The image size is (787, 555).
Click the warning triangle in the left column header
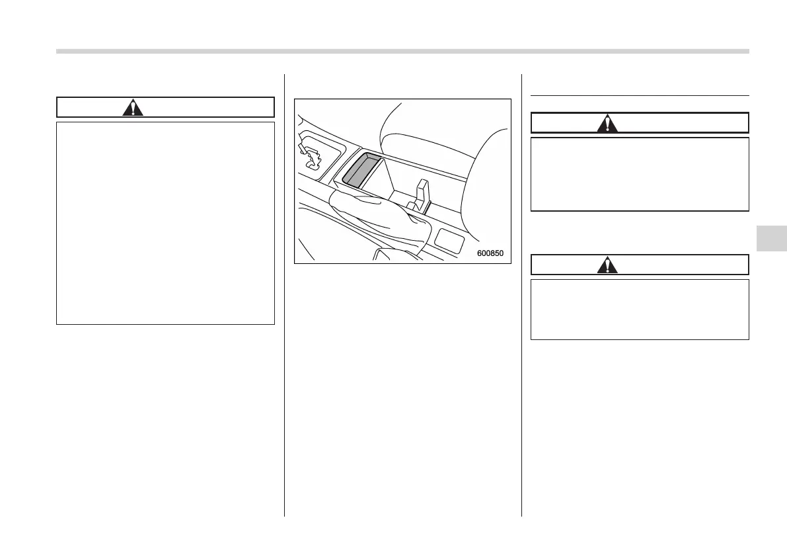point(133,108)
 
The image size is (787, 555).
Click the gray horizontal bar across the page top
point(402,51)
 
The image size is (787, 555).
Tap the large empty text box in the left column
point(165,223)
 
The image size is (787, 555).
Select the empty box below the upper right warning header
point(640,174)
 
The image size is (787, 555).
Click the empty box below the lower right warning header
point(640,310)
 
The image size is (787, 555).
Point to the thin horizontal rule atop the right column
point(640,95)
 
